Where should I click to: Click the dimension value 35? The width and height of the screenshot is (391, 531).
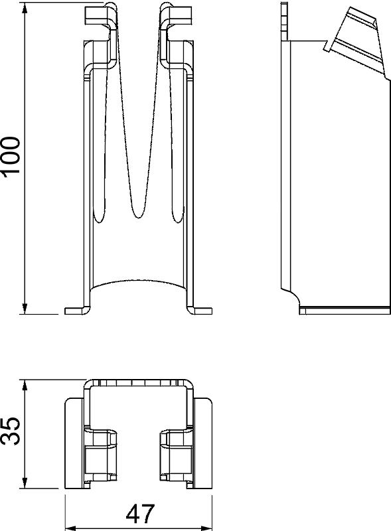point(11,430)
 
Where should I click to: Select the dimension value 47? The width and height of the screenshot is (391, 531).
point(140,514)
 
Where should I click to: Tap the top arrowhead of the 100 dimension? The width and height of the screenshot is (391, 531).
point(25,8)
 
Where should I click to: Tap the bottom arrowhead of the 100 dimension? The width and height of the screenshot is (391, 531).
point(25,309)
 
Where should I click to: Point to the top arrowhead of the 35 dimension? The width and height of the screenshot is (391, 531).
point(25,386)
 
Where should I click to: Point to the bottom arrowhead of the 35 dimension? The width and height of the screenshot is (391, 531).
point(25,483)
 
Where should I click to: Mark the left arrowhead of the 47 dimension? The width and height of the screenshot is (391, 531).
point(70,528)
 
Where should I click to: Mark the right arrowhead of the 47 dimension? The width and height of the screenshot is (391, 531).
point(206,528)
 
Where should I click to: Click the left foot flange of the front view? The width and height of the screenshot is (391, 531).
point(76,311)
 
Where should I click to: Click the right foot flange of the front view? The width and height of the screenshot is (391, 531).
point(200,311)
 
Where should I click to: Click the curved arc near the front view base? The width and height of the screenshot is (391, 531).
point(138,280)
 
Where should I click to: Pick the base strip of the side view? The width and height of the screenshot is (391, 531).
point(345,311)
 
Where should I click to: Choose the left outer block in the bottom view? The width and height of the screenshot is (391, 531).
point(74,443)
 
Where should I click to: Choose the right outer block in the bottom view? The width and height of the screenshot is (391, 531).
point(203,443)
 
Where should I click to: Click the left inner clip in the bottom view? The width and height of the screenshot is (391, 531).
point(100,455)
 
